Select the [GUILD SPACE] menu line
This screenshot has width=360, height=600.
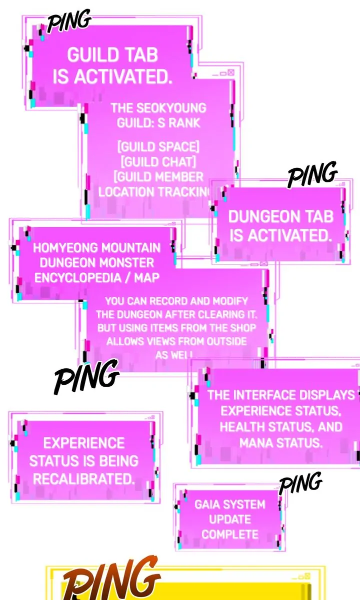tap(158, 147)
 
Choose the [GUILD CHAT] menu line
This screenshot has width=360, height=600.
tap(158, 162)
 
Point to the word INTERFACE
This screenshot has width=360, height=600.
tap(264, 395)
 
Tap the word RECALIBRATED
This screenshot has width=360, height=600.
tap(84, 479)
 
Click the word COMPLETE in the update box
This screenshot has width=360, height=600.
tap(230, 534)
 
